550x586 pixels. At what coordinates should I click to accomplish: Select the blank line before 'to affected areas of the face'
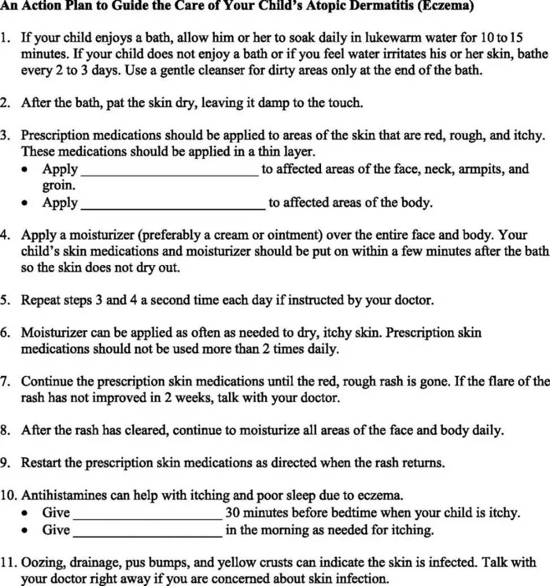coord(170,170)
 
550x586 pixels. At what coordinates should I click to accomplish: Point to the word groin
coord(58,185)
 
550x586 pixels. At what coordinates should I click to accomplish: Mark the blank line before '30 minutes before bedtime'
coord(148,514)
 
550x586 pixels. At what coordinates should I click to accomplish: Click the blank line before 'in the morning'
coord(148,531)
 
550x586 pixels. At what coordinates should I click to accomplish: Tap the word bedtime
coord(356,513)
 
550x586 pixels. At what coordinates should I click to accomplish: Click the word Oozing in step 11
coord(41,562)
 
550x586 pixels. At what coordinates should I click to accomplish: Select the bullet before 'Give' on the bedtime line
coord(25,513)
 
